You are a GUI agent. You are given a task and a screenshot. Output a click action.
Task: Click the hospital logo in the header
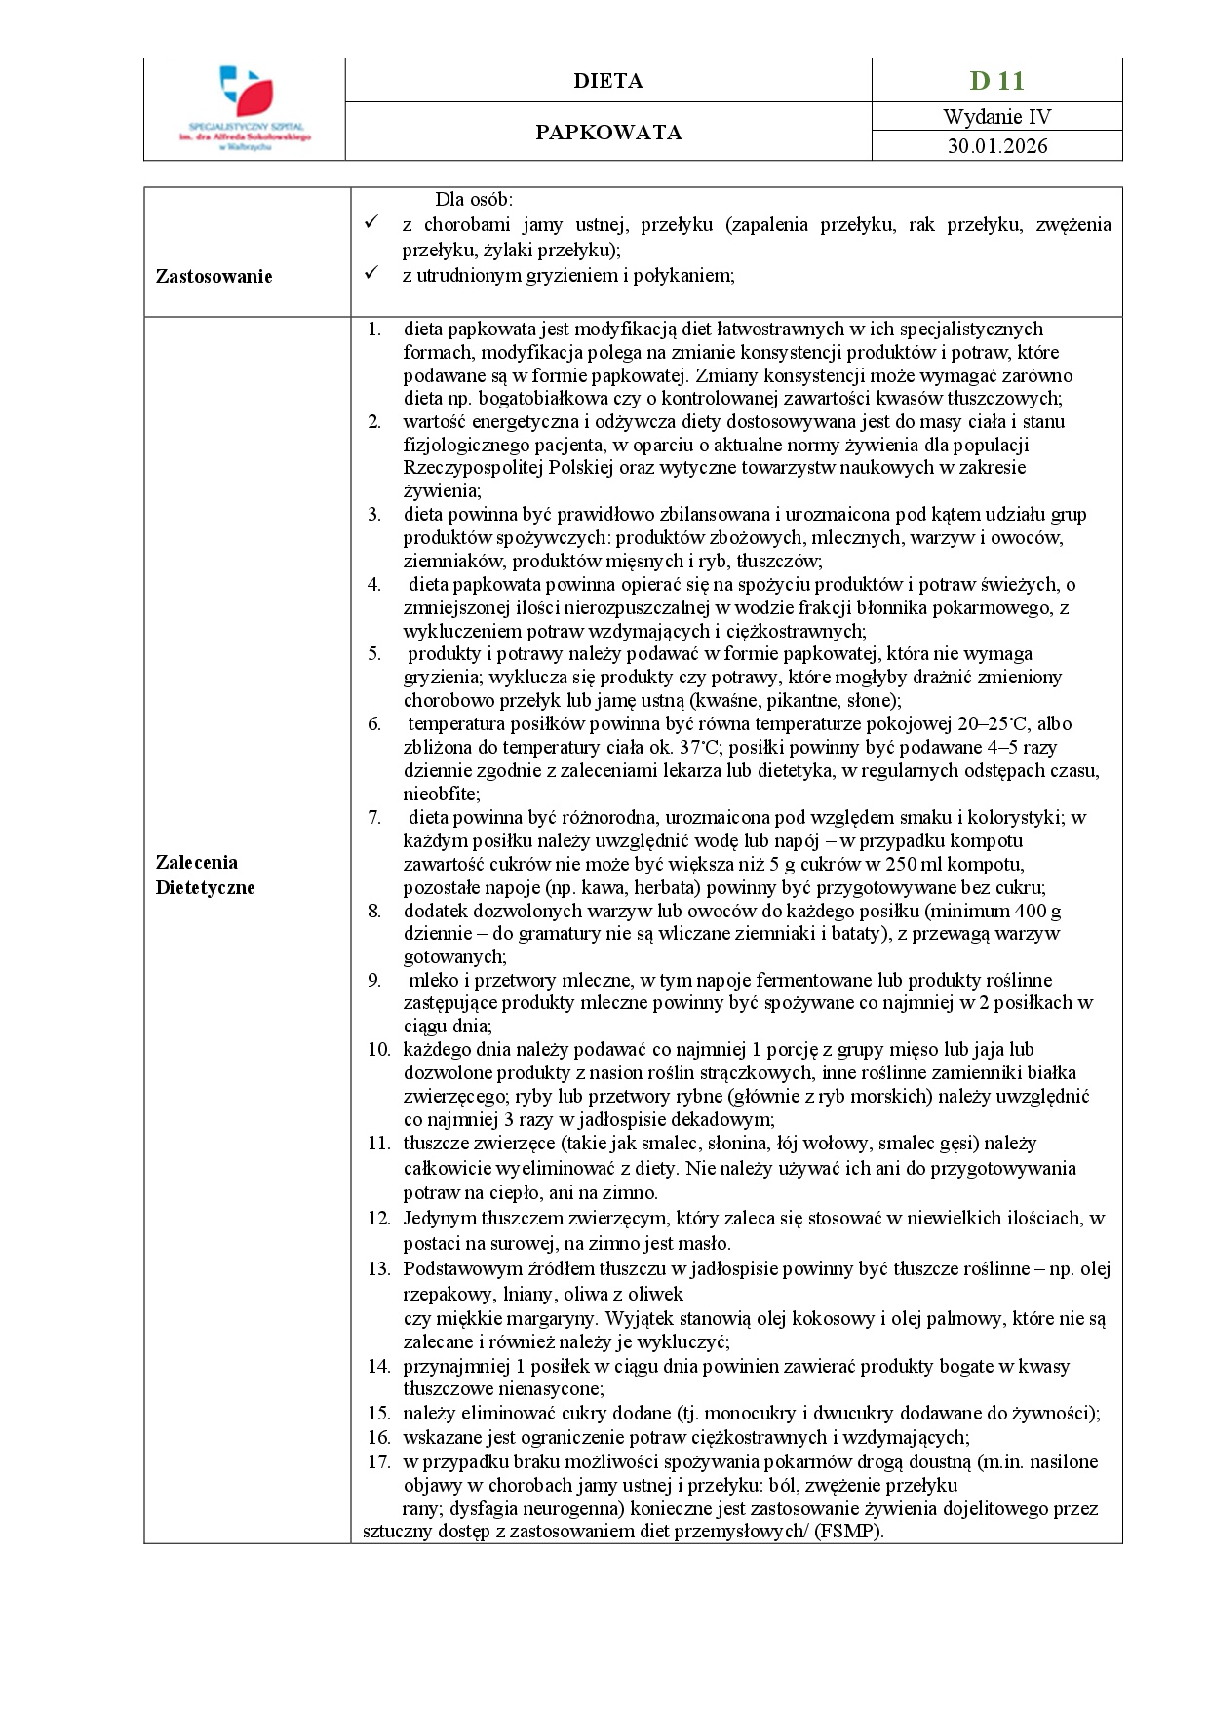pos(245,107)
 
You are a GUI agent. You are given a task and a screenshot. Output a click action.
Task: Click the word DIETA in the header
pos(607,81)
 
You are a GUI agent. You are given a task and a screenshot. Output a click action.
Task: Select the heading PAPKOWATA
pos(608,133)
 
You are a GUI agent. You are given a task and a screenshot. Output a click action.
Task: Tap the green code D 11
pos(996,80)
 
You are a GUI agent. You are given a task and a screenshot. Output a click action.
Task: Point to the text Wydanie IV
pos(996,117)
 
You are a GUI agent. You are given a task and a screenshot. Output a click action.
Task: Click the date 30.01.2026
pos(996,146)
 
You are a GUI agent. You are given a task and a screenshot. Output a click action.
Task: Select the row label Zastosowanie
pos(214,276)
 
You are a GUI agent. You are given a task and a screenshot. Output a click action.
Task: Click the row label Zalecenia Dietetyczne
pos(205,874)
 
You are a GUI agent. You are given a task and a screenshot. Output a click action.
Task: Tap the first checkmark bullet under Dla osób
pos(370,224)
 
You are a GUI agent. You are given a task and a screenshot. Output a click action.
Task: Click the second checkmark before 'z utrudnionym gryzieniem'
pos(370,275)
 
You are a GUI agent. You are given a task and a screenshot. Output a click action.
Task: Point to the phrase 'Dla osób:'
pos(474,200)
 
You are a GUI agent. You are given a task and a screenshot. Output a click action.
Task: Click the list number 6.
pos(374,724)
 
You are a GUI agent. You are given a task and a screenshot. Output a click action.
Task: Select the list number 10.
pos(378,1050)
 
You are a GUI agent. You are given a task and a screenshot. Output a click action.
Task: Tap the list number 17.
pos(378,1462)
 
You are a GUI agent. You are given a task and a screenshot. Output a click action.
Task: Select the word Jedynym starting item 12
pos(439,1218)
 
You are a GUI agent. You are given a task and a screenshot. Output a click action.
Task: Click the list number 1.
pos(374,330)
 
